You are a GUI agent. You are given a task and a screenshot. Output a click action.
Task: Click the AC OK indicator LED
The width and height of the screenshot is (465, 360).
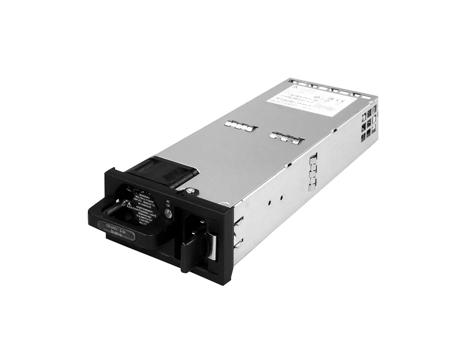tap(167, 213)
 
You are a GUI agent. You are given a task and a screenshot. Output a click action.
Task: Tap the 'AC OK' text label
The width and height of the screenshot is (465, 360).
tap(168, 204)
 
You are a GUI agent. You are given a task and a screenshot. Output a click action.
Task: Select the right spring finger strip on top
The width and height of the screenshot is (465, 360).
tap(286, 136)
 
